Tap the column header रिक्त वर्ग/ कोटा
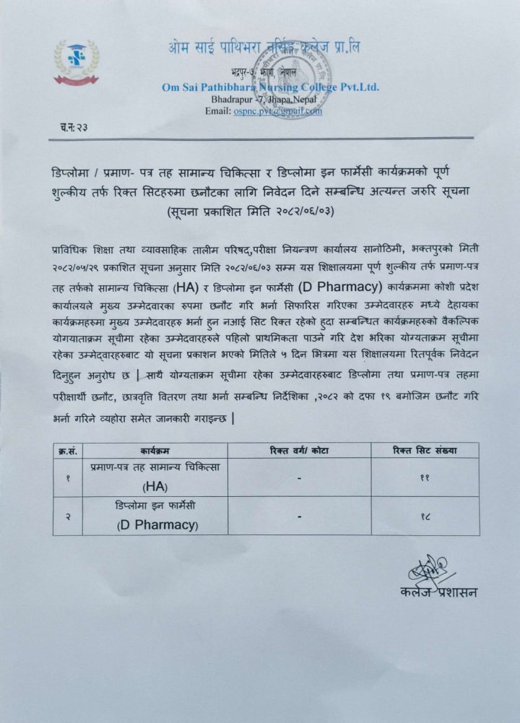click(x=298, y=451)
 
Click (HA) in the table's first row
click(x=155, y=486)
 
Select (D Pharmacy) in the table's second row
click(x=156, y=525)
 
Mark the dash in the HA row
click(x=298, y=477)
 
